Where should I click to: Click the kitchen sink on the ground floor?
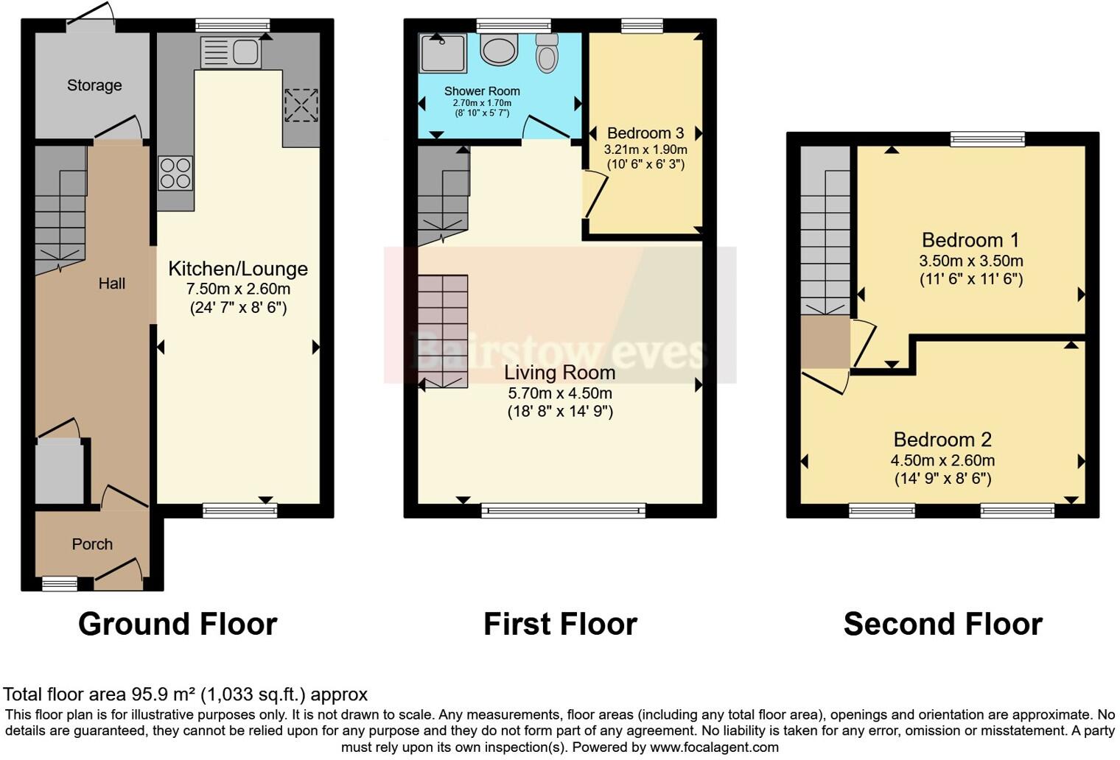pos(231,52)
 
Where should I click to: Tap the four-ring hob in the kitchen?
pos(175,174)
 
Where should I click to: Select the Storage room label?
pos(94,85)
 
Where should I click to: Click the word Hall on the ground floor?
pos(112,284)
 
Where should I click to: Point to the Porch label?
pos(92,544)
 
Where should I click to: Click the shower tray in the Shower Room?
pos(443,54)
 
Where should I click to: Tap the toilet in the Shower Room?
pos(547,54)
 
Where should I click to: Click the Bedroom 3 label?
pos(645,133)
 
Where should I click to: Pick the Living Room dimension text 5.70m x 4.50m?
pos(560,393)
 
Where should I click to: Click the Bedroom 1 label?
pos(970,240)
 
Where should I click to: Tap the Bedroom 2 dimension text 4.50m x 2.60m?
pos(942,460)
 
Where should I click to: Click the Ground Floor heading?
pos(178,624)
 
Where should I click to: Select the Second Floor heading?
pos(942,624)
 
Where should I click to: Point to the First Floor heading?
pos(560,624)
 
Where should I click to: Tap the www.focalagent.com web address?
pos(714,747)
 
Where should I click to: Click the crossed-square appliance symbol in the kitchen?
pos(301,105)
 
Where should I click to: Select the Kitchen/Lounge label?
pos(238,269)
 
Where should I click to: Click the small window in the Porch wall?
pos(59,584)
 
